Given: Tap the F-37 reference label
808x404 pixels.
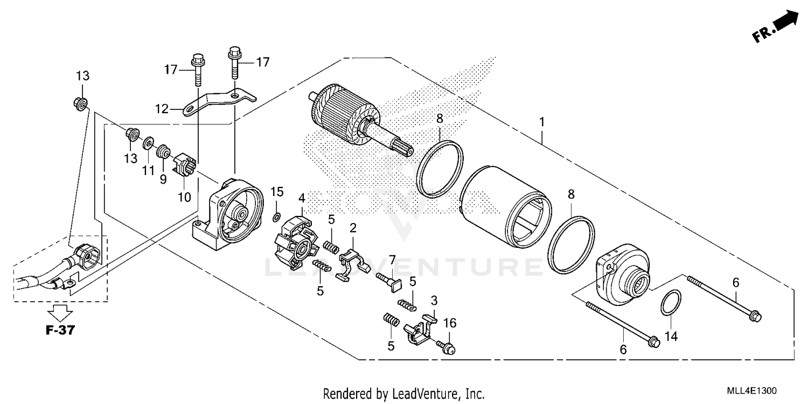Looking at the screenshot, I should click(59, 331).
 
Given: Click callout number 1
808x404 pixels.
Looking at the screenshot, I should click(542, 122).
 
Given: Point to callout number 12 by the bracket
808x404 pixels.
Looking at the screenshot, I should click(162, 109).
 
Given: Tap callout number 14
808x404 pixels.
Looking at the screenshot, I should click(671, 337).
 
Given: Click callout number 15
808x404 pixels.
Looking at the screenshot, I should click(276, 192).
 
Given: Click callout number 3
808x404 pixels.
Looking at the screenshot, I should click(434, 299).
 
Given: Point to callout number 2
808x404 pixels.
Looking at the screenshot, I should click(353, 227).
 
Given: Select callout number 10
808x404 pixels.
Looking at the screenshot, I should click(184, 197).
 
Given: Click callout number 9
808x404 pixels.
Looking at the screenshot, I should click(163, 179).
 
